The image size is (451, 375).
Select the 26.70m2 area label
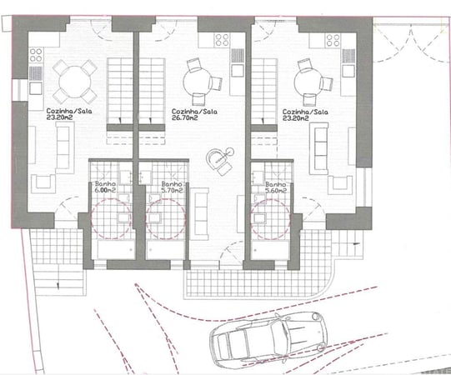click(185, 118)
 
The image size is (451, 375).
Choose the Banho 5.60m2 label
click(274, 191)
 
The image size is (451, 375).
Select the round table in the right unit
click(309, 81)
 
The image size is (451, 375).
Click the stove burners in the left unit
click(36, 56)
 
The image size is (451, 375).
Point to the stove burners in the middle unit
click(223, 38)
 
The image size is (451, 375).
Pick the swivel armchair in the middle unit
click(220, 158)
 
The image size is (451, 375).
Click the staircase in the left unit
click(120, 92)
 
